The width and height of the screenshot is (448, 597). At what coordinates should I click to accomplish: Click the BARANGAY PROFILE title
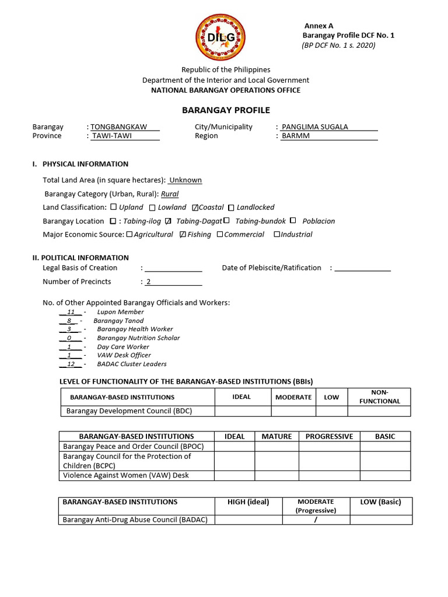click(x=226, y=110)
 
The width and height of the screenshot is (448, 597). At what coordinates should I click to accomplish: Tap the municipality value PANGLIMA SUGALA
click(x=314, y=127)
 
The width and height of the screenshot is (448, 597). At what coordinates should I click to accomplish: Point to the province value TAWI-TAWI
click(x=113, y=136)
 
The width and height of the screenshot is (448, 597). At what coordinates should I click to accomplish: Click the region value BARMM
click(x=296, y=136)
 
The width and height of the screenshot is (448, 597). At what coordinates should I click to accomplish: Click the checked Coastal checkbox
click(x=195, y=208)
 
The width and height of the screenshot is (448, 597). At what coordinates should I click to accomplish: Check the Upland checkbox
click(x=113, y=208)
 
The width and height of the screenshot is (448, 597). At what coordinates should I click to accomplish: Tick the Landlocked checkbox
click(x=231, y=208)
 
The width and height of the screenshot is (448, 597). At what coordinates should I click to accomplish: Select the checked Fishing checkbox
click(x=183, y=235)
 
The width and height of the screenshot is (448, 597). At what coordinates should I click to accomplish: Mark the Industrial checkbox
click(x=277, y=235)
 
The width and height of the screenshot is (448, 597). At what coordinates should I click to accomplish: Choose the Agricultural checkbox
click(x=129, y=235)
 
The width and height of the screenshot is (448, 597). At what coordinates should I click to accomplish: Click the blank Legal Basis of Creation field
click(x=173, y=268)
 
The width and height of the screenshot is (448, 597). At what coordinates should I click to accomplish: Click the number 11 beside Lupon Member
click(x=71, y=312)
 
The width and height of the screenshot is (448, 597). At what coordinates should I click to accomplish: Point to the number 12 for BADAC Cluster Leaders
click(x=71, y=364)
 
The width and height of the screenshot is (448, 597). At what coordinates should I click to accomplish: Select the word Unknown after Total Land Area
click(x=185, y=180)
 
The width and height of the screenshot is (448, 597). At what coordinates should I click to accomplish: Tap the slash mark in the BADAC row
click(x=316, y=520)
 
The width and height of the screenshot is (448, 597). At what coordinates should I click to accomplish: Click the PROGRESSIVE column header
click(x=329, y=436)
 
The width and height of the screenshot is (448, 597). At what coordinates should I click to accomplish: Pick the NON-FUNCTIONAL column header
click(x=379, y=396)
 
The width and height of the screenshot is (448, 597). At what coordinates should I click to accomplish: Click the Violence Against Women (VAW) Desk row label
click(x=126, y=475)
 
